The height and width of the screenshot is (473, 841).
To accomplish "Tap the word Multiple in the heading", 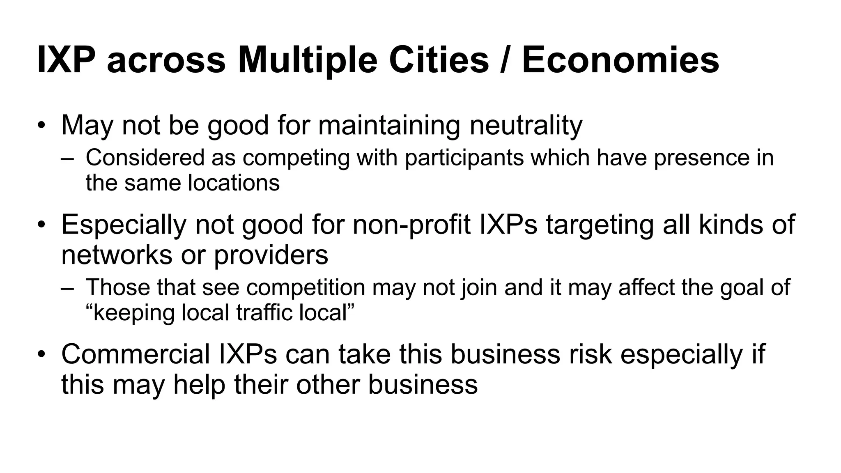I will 307,60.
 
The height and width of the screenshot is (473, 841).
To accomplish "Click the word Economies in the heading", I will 620,60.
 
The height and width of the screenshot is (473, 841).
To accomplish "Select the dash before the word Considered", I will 67,158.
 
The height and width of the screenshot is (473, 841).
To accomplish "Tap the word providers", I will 271,255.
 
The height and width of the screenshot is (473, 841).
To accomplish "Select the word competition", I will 306,287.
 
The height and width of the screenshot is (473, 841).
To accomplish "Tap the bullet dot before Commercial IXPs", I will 41,354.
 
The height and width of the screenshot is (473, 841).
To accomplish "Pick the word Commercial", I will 136,354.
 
